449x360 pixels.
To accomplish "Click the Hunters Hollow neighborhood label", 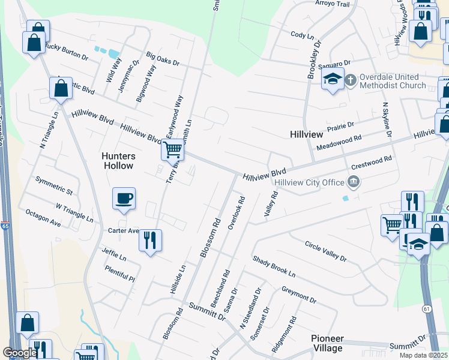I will (x=117, y=160).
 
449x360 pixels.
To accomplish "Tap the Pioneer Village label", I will (x=328, y=343).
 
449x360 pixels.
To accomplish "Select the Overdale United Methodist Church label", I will (x=393, y=81).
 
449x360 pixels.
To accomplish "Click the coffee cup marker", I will (x=124, y=198).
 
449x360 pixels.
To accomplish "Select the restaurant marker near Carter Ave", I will (x=150, y=241).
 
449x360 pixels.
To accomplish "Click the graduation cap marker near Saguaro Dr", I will (x=332, y=79).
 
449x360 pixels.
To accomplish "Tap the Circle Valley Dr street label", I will (x=326, y=252).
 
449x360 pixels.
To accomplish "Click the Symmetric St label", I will (x=54, y=186).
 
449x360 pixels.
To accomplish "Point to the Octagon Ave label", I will (x=43, y=218).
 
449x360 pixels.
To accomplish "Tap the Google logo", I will (x=20, y=353).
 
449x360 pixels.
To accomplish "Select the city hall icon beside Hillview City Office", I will (x=354, y=182).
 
